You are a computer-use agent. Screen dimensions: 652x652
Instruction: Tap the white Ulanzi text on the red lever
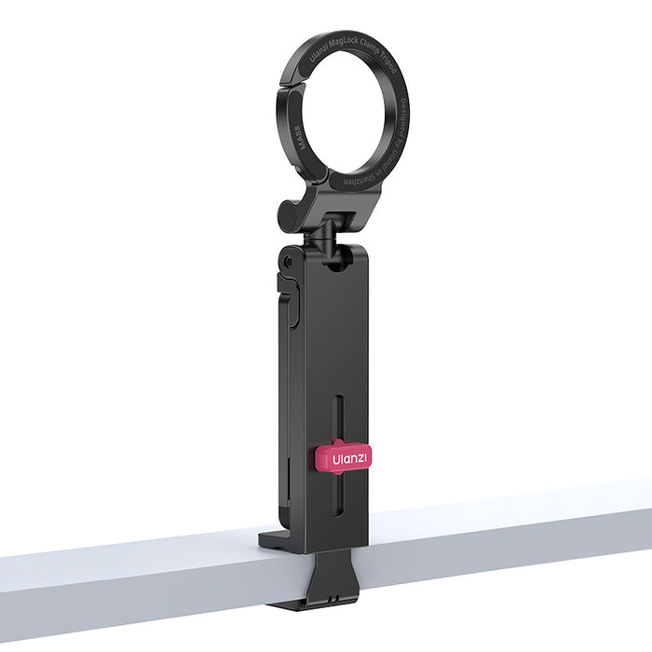pyautogui.click(x=350, y=457)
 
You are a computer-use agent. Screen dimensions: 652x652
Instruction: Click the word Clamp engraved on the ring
pyautogui.click(x=369, y=48)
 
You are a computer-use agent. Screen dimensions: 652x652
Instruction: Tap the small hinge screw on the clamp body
pyautogui.click(x=286, y=262)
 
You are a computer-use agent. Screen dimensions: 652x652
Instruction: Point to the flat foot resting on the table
pyautogui.click(x=276, y=537)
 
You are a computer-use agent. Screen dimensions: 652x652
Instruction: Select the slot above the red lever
pyautogui.click(x=338, y=417)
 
